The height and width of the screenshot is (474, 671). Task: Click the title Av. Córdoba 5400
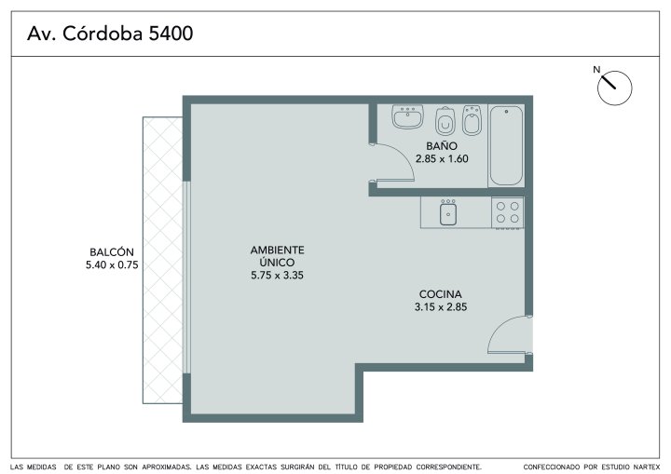(110, 34)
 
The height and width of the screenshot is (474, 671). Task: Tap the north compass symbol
(614, 88)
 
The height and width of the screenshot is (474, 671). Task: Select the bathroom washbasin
(407, 116)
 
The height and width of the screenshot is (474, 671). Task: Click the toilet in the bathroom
(445, 121)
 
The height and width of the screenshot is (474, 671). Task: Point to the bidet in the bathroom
(472, 120)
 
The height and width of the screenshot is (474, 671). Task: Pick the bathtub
(506, 145)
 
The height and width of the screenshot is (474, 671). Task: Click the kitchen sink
(447, 212)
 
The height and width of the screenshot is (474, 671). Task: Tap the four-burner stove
(508, 212)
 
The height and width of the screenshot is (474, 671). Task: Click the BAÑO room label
(442, 146)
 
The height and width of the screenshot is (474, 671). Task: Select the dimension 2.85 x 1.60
(442, 158)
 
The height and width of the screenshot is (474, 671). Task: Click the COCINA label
(440, 294)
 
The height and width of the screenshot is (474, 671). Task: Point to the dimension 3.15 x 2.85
(440, 306)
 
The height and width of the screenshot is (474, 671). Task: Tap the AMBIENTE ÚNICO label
(278, 256)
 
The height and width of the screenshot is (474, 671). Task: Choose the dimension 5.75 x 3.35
(278, 275)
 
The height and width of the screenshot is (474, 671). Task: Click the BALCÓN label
(112, 252)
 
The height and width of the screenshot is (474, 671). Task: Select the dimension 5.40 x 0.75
(112, 264)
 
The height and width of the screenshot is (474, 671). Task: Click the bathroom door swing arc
(403, 154)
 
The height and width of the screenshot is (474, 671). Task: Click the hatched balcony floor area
(162, 260)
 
